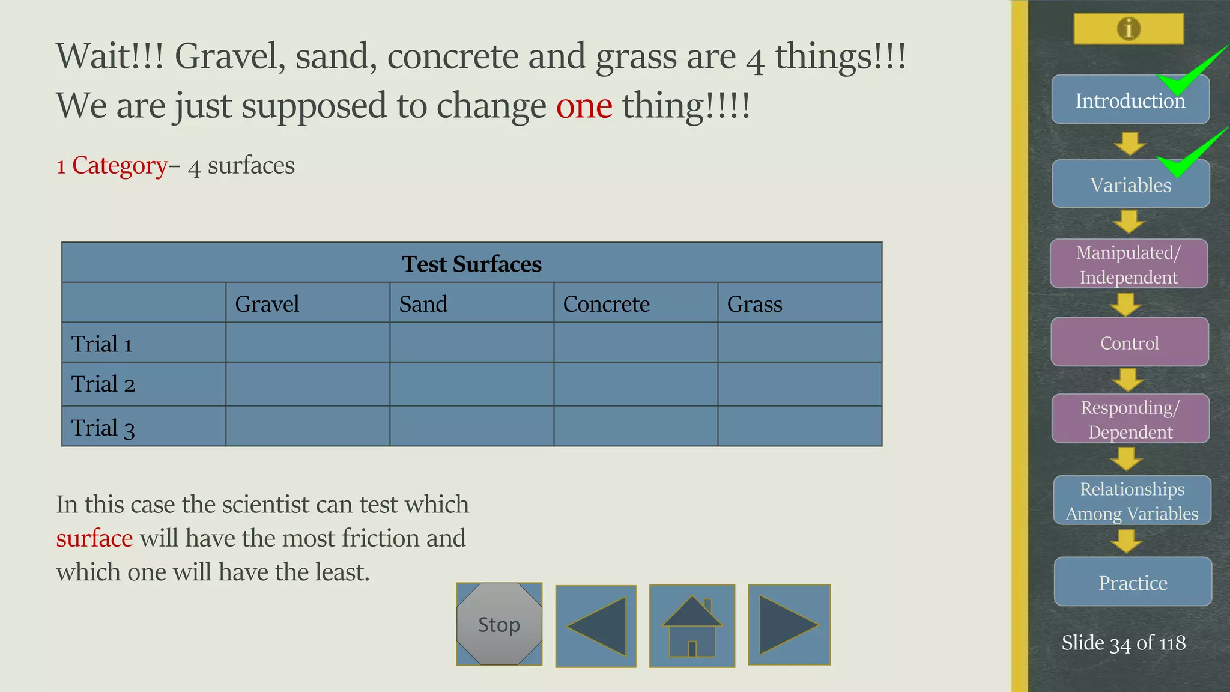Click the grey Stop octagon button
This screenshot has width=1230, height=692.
click(x=499, y=624)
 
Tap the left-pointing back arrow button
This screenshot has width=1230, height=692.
click(x=596, y=626)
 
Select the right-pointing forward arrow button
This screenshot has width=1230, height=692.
click(x=789, y=625)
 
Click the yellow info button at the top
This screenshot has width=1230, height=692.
click(x=1129, y=28)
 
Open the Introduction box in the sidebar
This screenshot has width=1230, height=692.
click(x=1130, y=100)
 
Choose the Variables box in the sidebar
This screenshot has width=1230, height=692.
click(x=1130, y=184)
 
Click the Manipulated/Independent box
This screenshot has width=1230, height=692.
click(x=1129, y=264)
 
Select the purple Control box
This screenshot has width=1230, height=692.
click(x=1129, y=342)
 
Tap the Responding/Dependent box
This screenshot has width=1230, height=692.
click(x=1130, y=419)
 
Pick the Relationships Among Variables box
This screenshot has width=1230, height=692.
click(x=1132, y=501)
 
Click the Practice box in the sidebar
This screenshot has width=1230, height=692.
click(x=1133, y=582)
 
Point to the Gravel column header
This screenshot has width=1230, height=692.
click(x=267, y=304)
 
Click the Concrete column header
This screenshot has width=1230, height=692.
click(x=606, y=304)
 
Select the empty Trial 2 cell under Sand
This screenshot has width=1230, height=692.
click(x=471, y=384)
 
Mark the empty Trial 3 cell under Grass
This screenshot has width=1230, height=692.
click(x=799, y=426)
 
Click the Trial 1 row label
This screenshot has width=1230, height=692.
click(x=102, y=344)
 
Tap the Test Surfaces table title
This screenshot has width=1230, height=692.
click(x=471, y=264)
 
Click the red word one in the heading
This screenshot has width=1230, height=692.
click(x=584, y=106)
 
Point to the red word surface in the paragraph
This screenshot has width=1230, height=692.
click(x=94, y=538)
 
